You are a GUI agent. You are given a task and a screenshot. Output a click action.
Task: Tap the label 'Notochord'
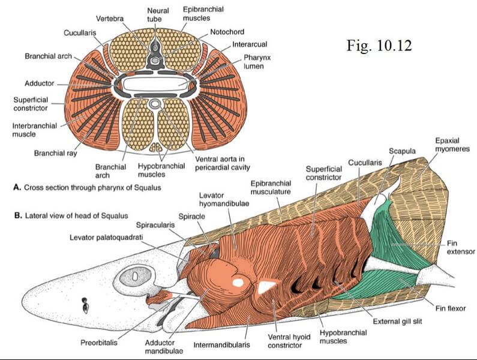[x=227, y=31]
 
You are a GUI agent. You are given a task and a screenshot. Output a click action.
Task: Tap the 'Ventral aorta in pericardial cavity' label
[x=222, y=163]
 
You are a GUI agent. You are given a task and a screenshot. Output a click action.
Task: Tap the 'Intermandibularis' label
[x=223, y=345]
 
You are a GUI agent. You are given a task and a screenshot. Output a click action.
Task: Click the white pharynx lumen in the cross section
[x=157, y=83]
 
